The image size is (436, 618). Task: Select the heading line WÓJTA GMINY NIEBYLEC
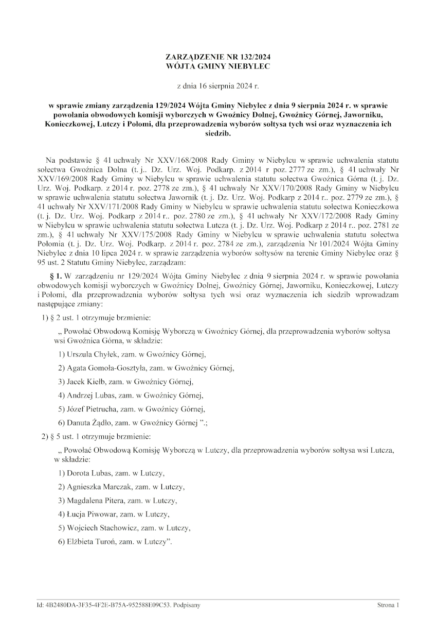click(x=217, y=66)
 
